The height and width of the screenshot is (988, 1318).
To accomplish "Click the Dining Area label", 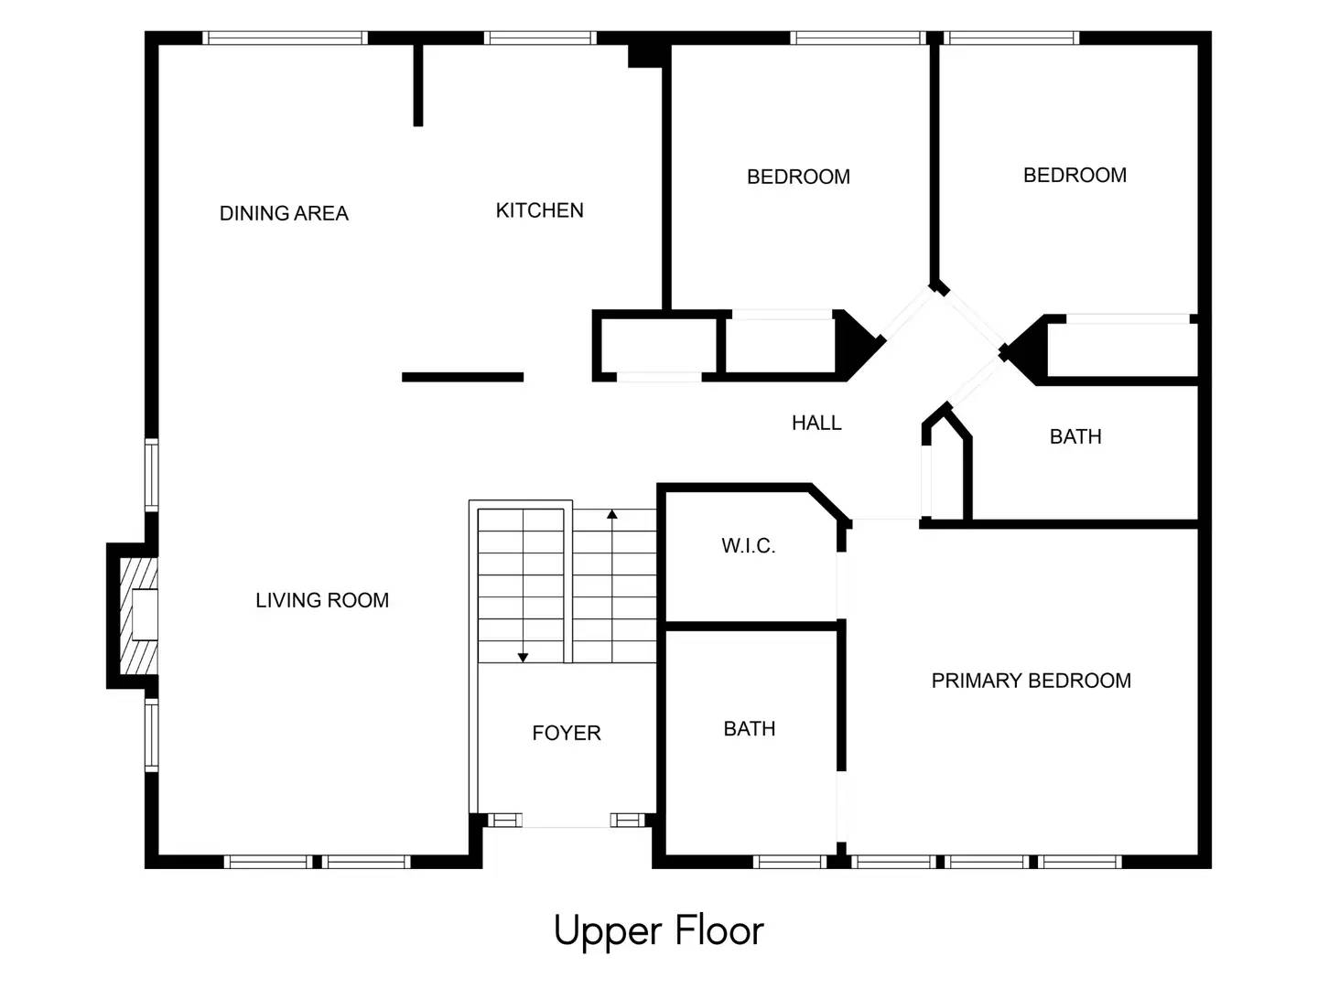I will (284, 214).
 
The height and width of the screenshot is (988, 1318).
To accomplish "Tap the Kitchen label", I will (539, 211).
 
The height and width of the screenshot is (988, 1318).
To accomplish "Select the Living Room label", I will (322, 601).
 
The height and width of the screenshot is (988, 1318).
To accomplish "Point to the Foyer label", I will (567, 734).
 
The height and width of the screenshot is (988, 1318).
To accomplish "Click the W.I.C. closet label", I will (748, 546).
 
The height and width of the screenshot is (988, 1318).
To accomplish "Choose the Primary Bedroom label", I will (1031, 681).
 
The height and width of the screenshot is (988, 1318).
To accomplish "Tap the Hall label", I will (816, 423).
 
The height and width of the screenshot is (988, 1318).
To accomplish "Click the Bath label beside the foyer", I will (750, 729).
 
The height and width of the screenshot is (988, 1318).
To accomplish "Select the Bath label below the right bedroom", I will (1075, 437).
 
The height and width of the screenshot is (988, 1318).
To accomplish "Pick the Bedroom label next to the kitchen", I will (798, 177).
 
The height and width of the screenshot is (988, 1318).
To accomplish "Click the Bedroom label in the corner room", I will (1075, 176).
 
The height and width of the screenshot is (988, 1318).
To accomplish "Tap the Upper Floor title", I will (658, 931).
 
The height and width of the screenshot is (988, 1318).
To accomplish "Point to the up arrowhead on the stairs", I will (612, 515).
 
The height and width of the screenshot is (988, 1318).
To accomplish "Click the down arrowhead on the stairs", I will (523, 657).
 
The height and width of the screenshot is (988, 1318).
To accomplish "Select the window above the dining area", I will (285, 38).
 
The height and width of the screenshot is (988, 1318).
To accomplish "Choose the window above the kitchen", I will (540, 38).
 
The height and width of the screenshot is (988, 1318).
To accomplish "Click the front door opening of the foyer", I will (567, 822).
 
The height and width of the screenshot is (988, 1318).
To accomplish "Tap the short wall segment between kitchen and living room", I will (462, 377).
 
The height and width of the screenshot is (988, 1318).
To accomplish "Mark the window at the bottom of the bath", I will (789, 862).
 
